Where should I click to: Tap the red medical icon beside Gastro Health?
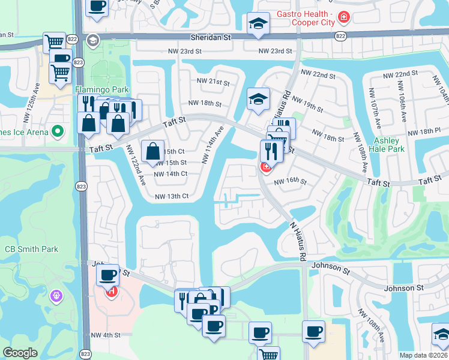pos(343,18)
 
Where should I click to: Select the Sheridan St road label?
pos(218,37)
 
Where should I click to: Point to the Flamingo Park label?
pos(102,90)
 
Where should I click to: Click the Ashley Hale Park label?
pos(388,145)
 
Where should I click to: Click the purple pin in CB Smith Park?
pos(58,295)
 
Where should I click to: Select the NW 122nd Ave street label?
pos(136,165)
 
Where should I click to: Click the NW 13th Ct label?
pos(172,196)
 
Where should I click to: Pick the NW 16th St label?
pos(291,181)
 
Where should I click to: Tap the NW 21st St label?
pos(212,82)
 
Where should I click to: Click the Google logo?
pos(20,353)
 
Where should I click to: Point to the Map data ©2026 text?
pos(424,355)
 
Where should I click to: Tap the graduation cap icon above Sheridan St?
pos(258,24)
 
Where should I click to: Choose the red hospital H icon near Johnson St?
pos(110,292)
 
